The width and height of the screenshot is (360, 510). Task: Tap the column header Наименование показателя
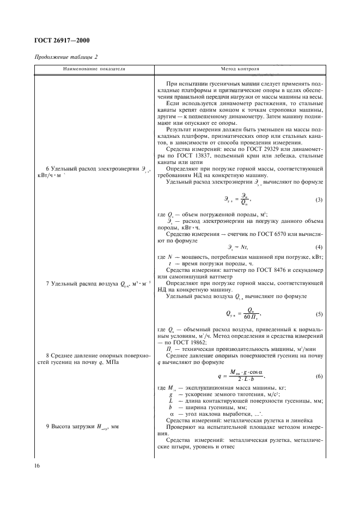(x=94, y=69)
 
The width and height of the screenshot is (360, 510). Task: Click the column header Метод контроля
(x=240, y=69)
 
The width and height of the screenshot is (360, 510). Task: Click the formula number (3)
(x=319, y=200)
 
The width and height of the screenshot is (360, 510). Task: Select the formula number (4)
(x=319, y=247)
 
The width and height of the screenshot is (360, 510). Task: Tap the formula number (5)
(x=319, y=313)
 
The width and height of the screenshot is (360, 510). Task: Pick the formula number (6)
(x=319, y=377)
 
